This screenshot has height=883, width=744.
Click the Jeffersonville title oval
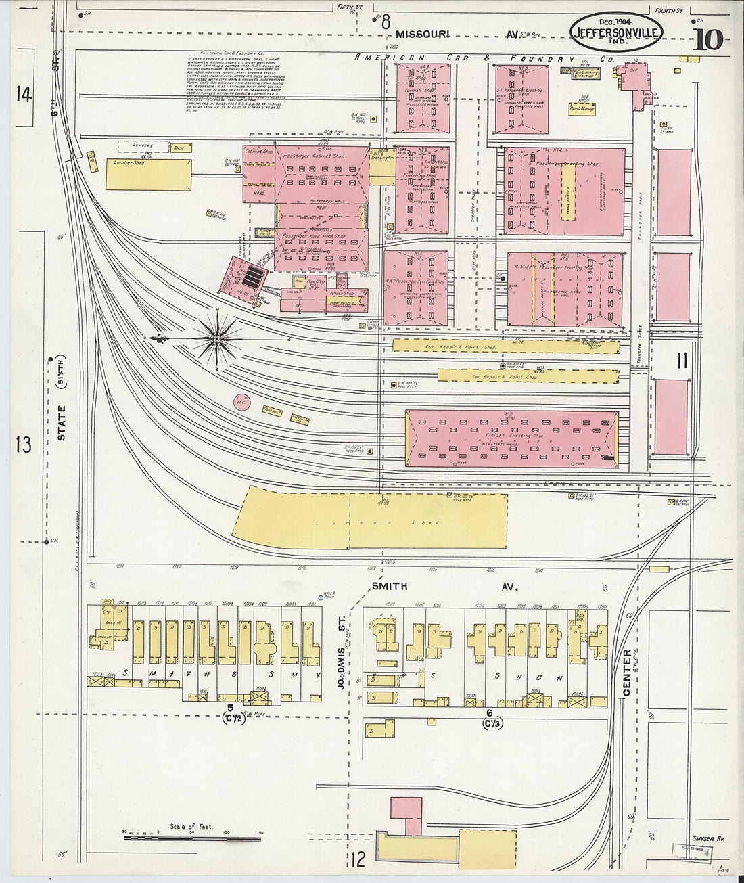point(617,31)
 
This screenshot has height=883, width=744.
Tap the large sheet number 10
point(707,39)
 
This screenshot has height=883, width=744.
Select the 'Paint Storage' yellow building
point(582,108)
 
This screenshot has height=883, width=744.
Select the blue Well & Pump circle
point(321,597)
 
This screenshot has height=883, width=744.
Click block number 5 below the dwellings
point(231,708)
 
